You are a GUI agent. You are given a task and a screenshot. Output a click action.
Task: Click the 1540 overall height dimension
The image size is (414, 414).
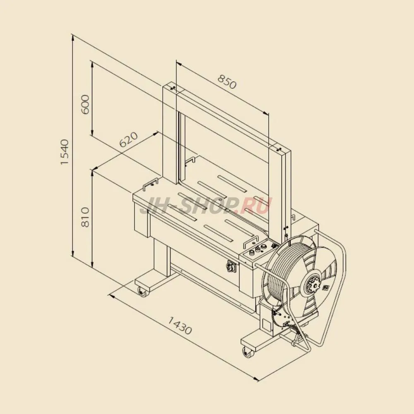pyautogui.click(x=64, y=152)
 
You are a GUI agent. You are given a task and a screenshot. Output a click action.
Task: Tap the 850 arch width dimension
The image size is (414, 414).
pyautogui.click(x=227, y=82)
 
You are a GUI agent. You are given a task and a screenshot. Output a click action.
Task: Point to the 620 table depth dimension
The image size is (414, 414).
pyautogui.click(x=129, y=140)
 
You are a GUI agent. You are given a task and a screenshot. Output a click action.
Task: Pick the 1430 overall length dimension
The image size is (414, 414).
pyautogui.click(x=180, y=325)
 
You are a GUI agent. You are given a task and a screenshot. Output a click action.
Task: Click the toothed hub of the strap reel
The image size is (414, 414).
pyautogui.click(x=314, y=286)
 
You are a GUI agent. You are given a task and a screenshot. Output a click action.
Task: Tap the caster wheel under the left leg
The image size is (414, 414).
pyautogui.click(x=142, y=292)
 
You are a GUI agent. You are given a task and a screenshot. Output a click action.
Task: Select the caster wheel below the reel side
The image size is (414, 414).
pyautogui.click(x=248, y=352)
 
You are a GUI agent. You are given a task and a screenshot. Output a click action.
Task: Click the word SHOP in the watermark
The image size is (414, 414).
pyautogui.click(x=204, y=205)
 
